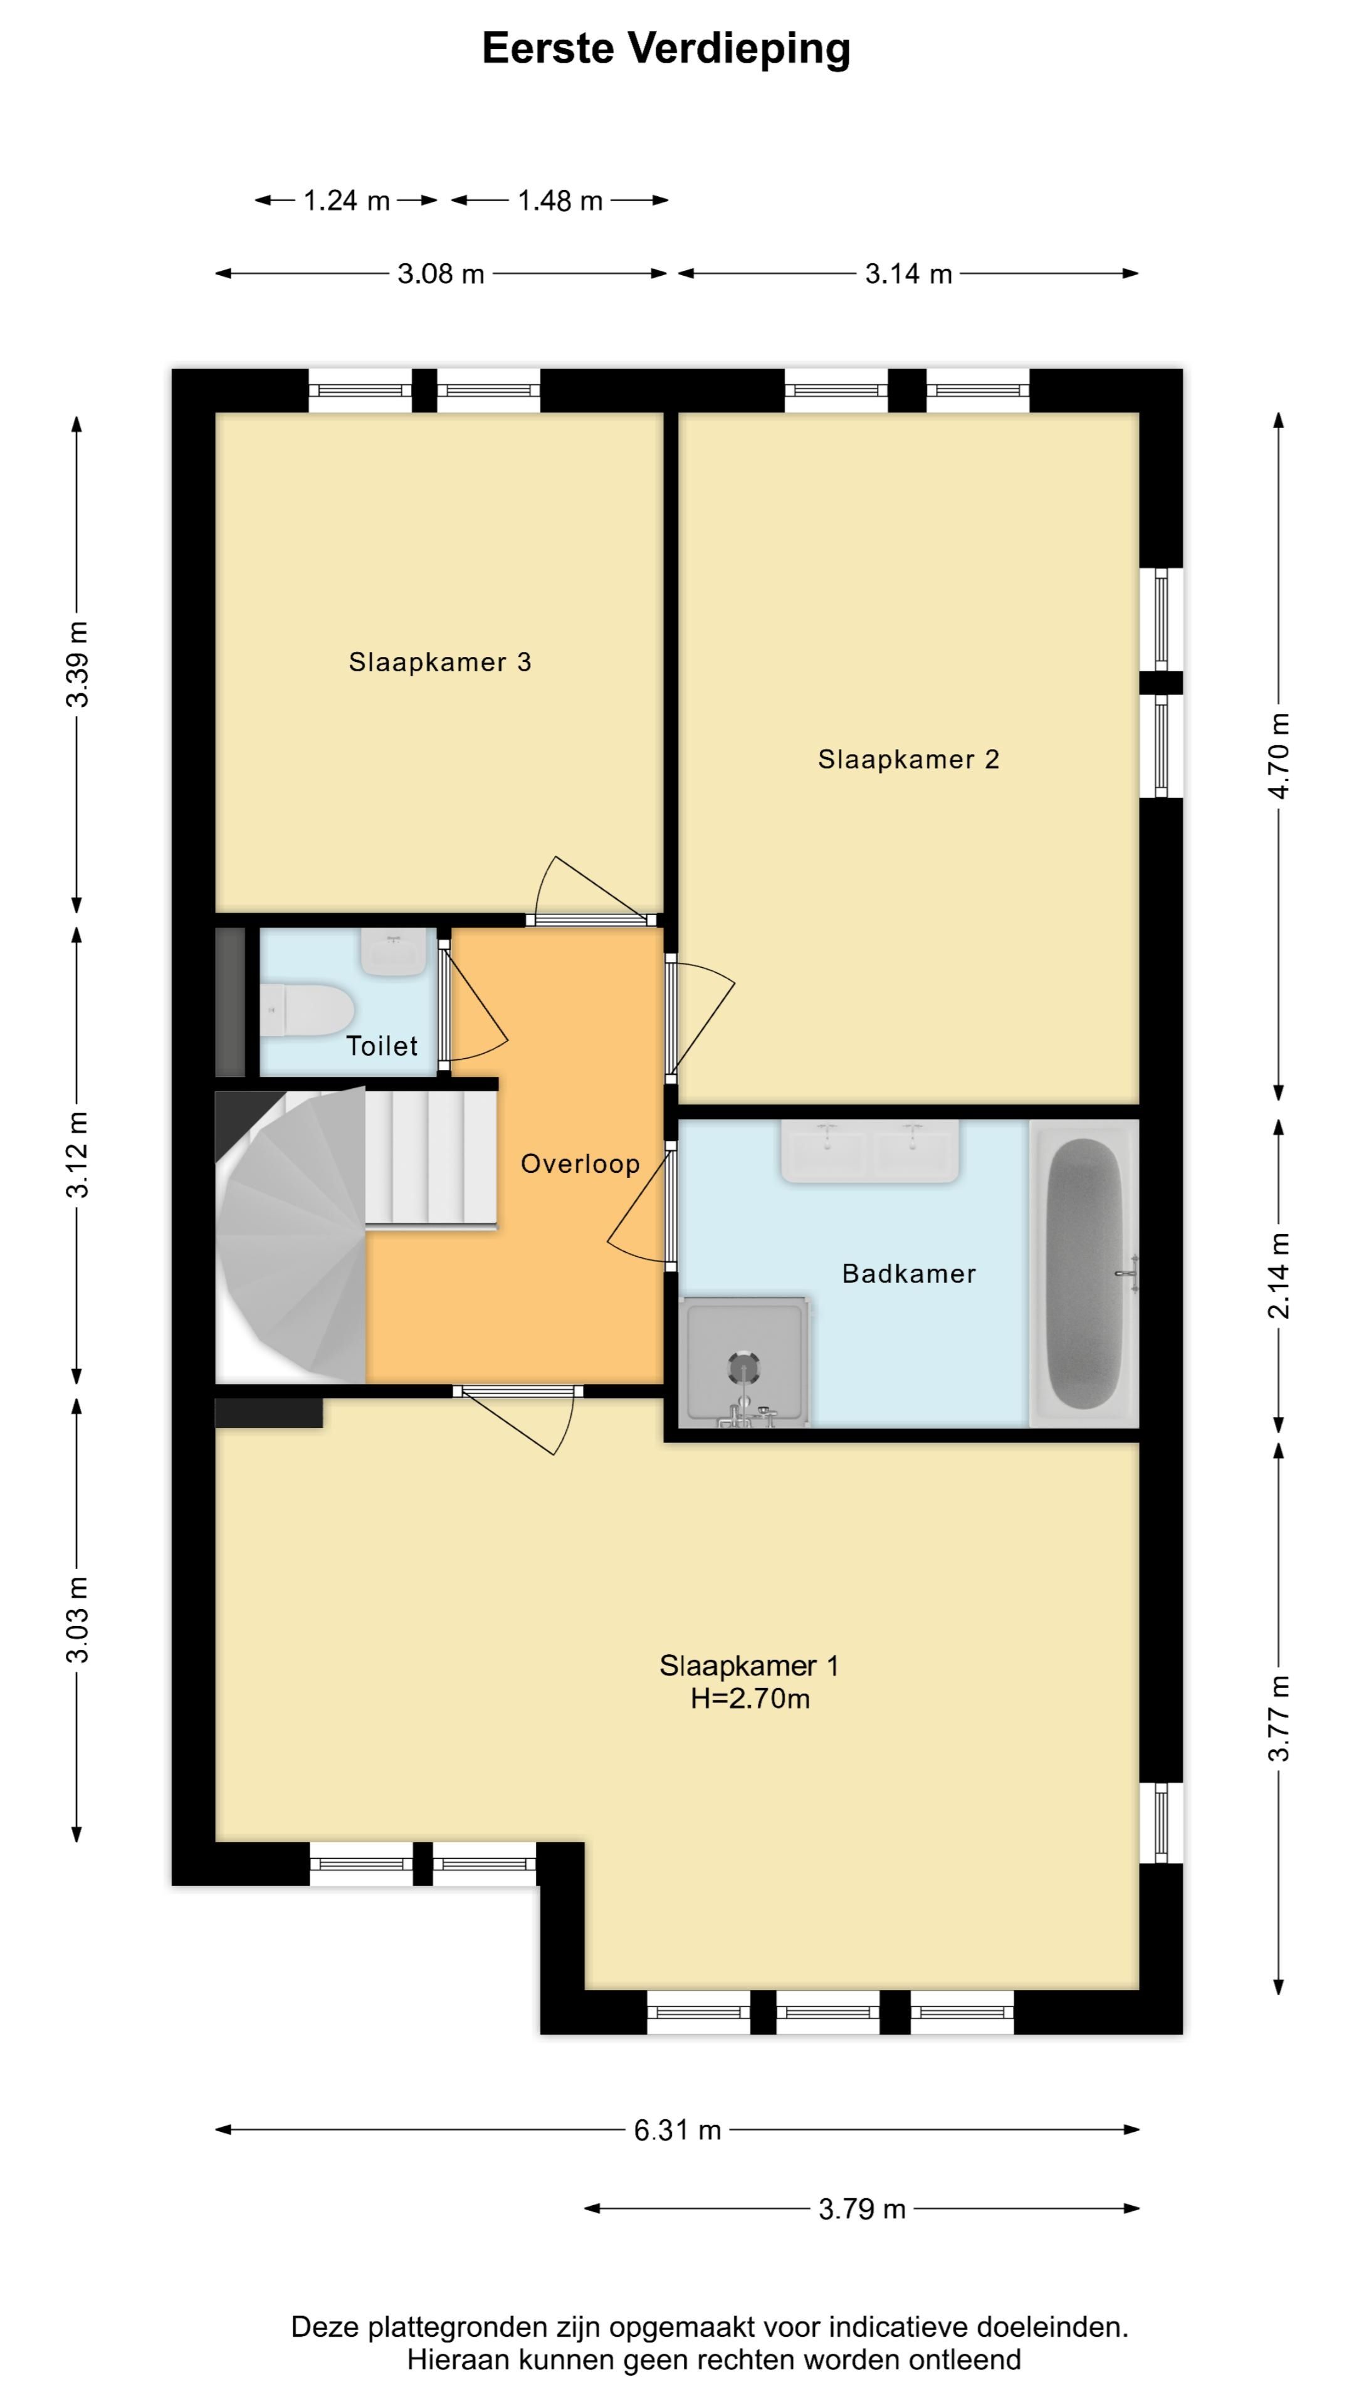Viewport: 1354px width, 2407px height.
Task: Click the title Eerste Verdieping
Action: (665, 49)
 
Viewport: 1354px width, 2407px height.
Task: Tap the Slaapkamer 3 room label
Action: (440, 663)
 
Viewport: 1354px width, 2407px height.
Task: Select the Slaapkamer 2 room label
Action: (908, 760)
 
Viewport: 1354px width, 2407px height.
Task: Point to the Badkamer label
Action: (908, 1274)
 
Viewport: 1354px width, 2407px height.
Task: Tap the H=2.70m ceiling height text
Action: (750, 1698)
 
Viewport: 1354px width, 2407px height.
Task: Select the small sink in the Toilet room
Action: (394, 953)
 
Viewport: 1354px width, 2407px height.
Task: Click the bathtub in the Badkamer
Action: (1084, 1274)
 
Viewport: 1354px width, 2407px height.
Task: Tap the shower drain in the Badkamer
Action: (744, 1368)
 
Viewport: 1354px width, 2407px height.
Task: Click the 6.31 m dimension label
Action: (678, 2129)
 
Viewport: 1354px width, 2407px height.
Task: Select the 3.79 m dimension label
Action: (861, 2209)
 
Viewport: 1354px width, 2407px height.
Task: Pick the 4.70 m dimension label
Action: (1280, 756)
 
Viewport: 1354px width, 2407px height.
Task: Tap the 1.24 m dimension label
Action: (346, 200)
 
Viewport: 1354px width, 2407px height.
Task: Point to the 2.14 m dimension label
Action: (1280, 1276)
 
